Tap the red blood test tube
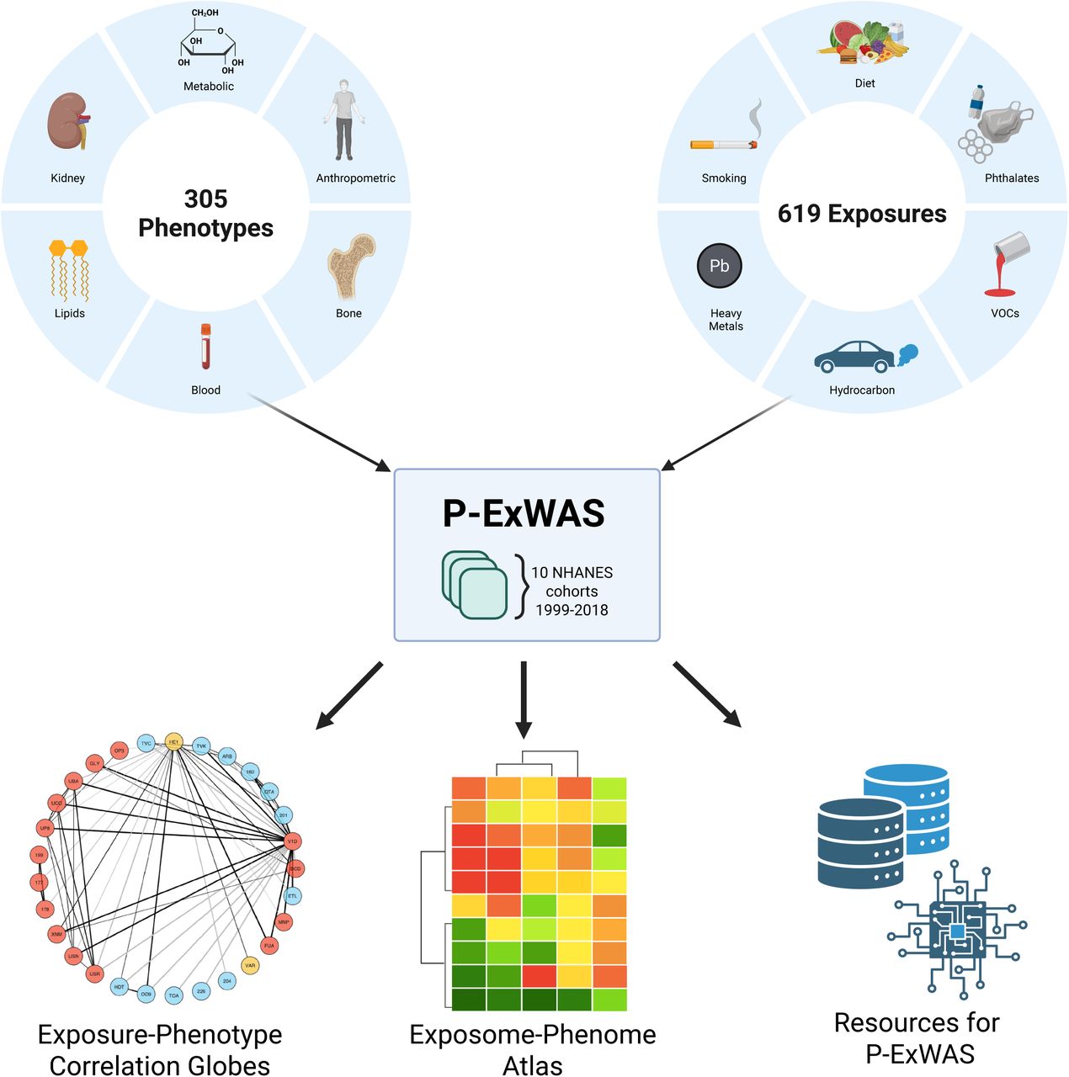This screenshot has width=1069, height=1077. pos(205,347)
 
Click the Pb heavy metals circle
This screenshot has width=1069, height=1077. pos(719,266)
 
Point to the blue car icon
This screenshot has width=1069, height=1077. pos(855,357)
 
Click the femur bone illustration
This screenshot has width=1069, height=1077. pos(349,268)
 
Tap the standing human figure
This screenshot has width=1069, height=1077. pos(343,120)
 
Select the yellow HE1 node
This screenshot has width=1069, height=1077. pos(173,741)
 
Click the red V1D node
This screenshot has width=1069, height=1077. pos(292,841)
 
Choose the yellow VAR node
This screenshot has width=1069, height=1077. pos(250,966)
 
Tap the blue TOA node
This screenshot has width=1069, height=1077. pos(173,995)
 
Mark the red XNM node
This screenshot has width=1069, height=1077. pos(56,934)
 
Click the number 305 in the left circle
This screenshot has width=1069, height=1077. pos(205,199)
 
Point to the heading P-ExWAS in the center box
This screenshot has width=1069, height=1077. pos(524,513)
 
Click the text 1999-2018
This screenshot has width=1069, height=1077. pos(572,610)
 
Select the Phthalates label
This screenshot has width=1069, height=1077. pos(1012,178)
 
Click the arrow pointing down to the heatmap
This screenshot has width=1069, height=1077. pos(524,698)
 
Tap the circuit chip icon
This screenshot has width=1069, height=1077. pos(957,930)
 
